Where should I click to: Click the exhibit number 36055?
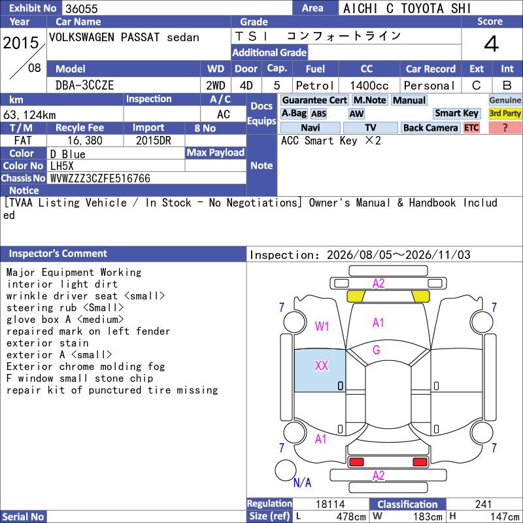pos(81,8)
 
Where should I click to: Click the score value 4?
pos(491,44)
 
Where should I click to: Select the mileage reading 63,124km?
pos(29,115)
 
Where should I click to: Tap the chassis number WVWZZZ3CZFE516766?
pos(100,178)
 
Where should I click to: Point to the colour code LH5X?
pos(61,166)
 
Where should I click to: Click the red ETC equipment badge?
pos(471,127)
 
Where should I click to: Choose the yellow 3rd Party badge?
pos(505,113)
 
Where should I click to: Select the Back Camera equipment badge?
pos(430,127)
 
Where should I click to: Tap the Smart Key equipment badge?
pos(456,113)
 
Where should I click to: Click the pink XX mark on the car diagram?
pos(322,365)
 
